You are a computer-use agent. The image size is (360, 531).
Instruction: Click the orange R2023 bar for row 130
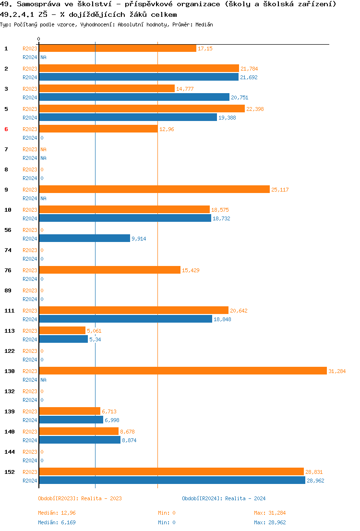(x=182, y=371)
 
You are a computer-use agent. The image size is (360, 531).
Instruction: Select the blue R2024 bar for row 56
(x=84, y=238)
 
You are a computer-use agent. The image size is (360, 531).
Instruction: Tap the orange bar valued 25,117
(x=154, y=189)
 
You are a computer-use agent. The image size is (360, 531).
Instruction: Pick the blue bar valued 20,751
(x=134, y=97)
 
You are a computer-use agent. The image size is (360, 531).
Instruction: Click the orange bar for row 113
(x=62, y=330)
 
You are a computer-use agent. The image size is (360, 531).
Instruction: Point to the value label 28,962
(x=315, y=480)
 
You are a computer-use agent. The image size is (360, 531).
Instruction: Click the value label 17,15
(x=205, y=48)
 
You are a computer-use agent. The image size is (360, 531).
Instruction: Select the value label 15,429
(x=191, y=270)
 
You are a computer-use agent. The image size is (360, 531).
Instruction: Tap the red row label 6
(x=6, y=129)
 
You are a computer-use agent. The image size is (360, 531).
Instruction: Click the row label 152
(x=10, y=472)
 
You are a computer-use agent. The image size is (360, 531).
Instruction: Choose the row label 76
(x=8, y=270)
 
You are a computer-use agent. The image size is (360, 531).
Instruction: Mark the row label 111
(x=10, y=311)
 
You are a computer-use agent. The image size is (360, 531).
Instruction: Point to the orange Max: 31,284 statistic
(x=270, y=513)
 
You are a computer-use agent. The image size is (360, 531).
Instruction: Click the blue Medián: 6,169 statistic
(x=57, y=522)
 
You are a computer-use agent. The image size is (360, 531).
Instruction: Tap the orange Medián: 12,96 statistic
(x=57, y=513)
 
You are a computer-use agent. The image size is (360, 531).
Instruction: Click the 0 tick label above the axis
(x=39, y=39)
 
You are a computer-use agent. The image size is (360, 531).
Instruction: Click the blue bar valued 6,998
(x=71, y=420)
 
